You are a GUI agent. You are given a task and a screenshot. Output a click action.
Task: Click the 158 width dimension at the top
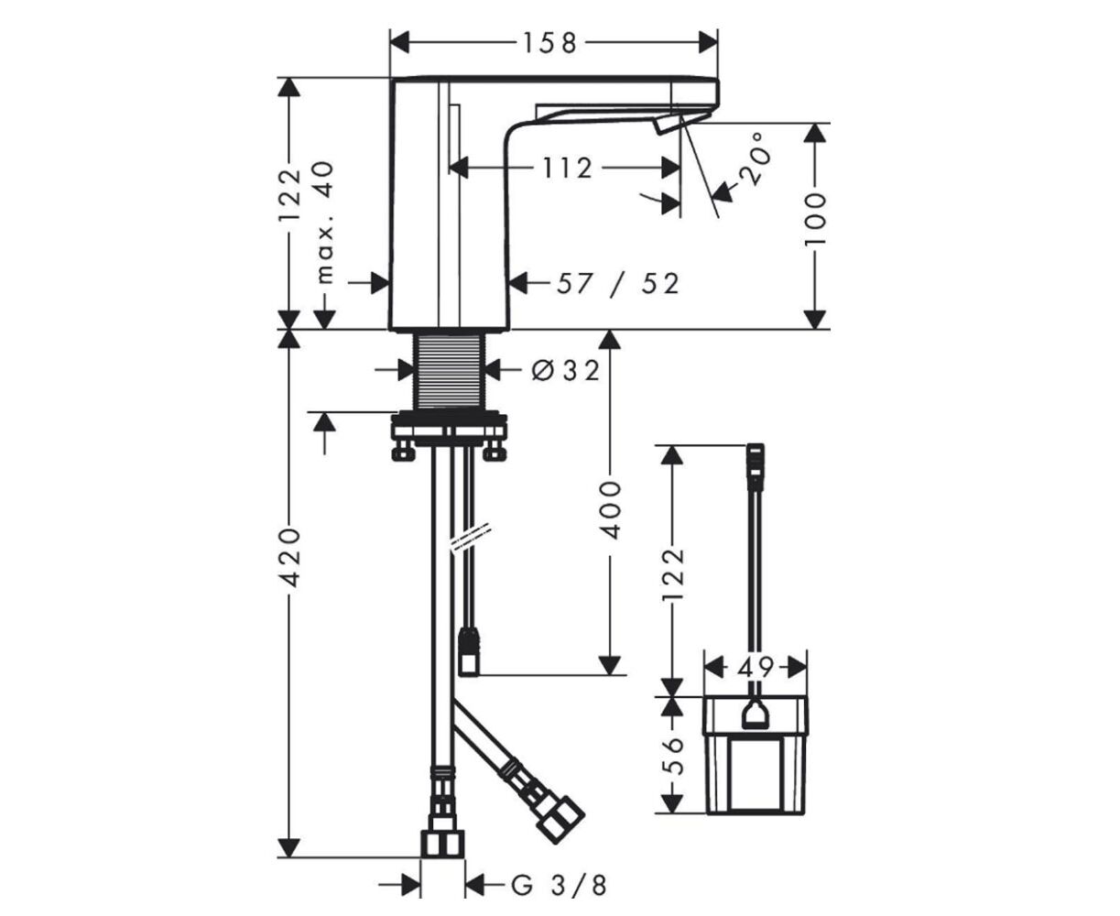(x=550, y=43)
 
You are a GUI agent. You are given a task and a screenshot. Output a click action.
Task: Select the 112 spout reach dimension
(x=567, y=169)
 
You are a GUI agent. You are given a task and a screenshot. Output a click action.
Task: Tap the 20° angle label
(x=756, y=159)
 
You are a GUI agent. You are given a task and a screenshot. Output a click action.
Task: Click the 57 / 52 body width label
(x=617, y=284)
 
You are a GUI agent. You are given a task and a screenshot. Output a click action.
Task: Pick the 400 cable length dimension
(x=612, y=510)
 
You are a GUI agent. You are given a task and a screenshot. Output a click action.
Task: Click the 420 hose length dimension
(x=291, y=557)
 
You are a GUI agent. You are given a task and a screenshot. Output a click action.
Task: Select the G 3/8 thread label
(x=559, y=886)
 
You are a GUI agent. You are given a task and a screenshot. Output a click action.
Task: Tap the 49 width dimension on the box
(x=755, y=668)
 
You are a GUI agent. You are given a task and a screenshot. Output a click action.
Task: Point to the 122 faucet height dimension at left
(x=291, y=194)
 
